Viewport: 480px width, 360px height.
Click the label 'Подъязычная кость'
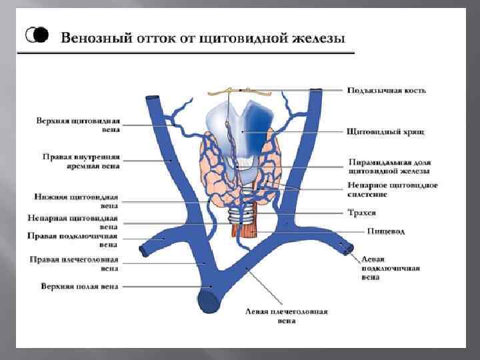coord(386,90)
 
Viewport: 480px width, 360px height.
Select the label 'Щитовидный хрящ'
coord(385,132)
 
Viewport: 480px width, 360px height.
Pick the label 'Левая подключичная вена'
coord(390,268)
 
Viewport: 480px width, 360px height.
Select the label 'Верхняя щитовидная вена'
coord(78,125)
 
